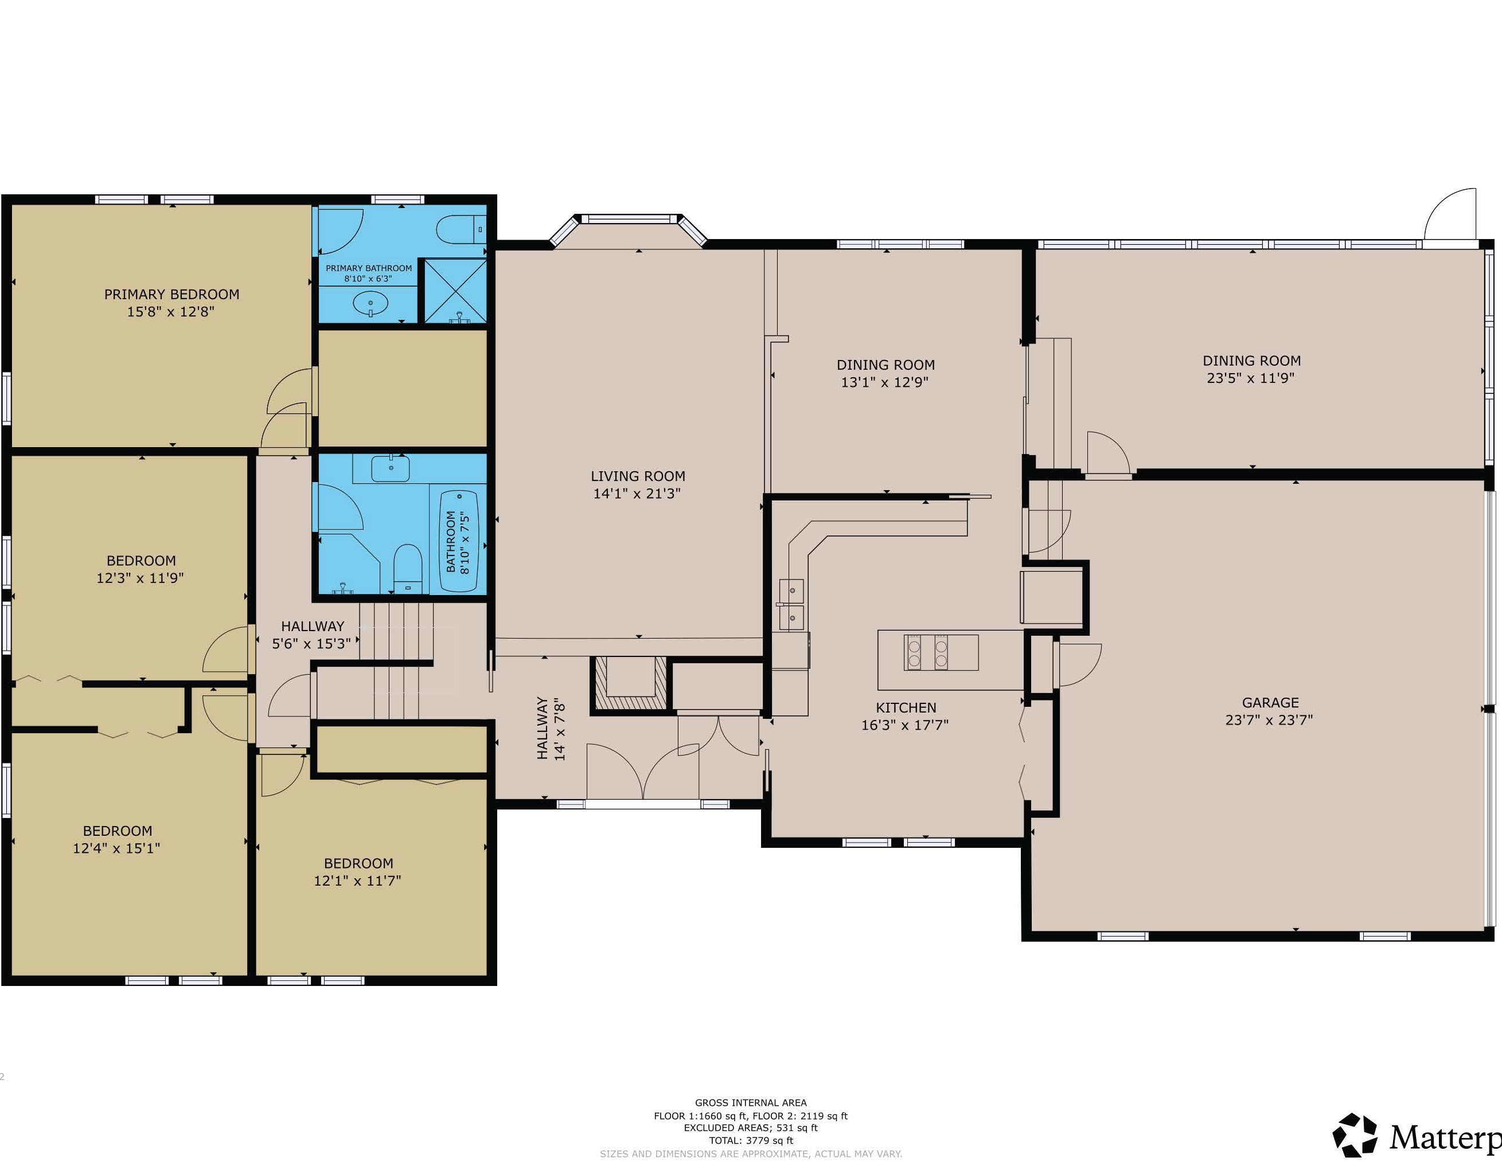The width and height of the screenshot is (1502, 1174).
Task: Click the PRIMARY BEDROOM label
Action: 172,294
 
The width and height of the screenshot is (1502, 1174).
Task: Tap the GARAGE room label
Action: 1270,702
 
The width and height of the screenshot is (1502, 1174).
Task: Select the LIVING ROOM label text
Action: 638,476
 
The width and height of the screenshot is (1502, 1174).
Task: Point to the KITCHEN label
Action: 906,707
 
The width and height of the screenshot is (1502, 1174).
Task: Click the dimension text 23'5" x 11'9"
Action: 1251,377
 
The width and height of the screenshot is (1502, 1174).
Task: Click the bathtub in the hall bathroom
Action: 459,541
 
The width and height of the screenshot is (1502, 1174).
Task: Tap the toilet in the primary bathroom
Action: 462,229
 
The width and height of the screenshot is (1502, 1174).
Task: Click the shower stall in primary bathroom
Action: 455,291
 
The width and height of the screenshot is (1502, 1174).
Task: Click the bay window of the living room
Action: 629,229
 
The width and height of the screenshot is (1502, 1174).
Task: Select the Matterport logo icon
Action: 1355,1135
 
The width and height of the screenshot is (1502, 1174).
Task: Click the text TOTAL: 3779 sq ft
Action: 751,1140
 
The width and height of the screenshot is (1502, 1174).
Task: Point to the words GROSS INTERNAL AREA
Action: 751,1102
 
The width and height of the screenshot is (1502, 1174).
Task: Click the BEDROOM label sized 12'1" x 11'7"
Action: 358,863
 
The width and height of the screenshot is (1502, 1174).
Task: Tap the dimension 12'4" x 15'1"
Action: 117,848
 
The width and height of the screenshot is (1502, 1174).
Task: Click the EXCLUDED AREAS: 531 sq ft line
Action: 751,1128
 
